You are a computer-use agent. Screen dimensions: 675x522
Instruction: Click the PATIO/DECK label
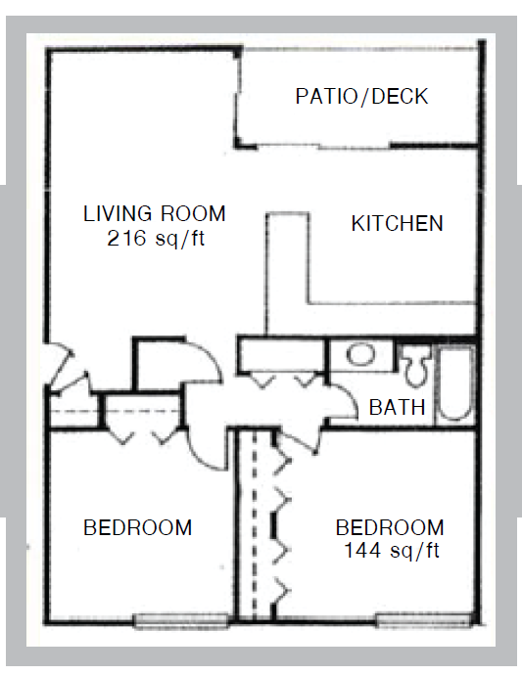361,97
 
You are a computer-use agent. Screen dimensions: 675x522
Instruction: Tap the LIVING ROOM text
154,213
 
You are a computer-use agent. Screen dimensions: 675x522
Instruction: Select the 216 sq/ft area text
155,237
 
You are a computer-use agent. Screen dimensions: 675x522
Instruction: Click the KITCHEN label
397,224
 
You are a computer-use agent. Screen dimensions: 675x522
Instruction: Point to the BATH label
397,408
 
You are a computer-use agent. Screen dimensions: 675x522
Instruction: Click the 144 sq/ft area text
391,551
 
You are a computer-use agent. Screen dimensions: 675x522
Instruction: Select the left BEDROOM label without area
137,528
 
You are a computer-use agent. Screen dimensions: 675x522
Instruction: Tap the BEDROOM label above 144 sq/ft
390,528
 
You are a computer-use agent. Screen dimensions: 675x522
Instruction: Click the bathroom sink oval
362,355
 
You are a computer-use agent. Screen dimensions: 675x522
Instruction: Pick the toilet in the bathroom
414,364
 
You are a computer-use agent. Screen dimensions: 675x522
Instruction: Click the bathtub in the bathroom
454,381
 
